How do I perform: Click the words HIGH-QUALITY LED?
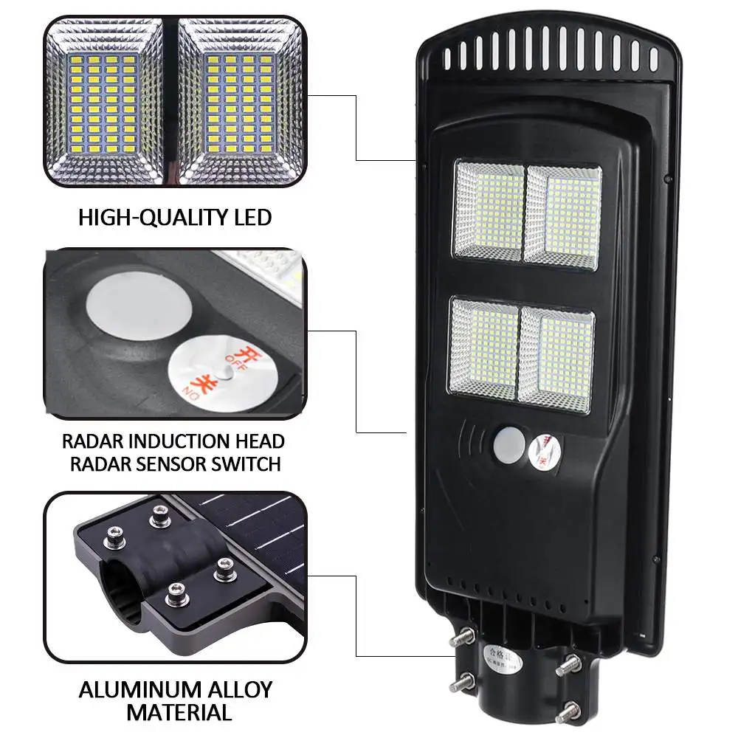point(175,218)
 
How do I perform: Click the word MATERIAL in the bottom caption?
point(179,713)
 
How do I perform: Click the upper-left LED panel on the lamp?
point(489,210)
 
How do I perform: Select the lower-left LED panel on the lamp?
point(484,347)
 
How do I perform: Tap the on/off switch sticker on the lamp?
point(545,449)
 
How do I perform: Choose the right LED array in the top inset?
point(240,100)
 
